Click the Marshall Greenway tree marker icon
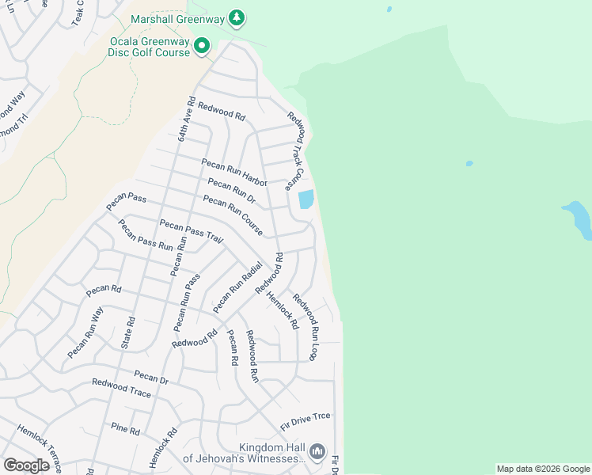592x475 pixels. click(236, 17)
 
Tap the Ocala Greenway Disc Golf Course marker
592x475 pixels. click(201, 47)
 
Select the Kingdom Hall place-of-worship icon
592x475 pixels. click(317, 451)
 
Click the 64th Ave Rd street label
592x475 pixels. click(185, 119)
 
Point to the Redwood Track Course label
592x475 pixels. click(296, 150)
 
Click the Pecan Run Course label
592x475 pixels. click(233, 215)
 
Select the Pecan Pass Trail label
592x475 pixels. click(191, 231)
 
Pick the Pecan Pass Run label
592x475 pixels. click(145, 234)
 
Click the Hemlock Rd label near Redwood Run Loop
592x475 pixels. click(283, 310)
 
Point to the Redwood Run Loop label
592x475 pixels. click(305, 327)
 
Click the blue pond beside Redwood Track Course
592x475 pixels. click(306, 199)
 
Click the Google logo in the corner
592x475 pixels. click(26, 465)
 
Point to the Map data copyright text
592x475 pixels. click(543, 469)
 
